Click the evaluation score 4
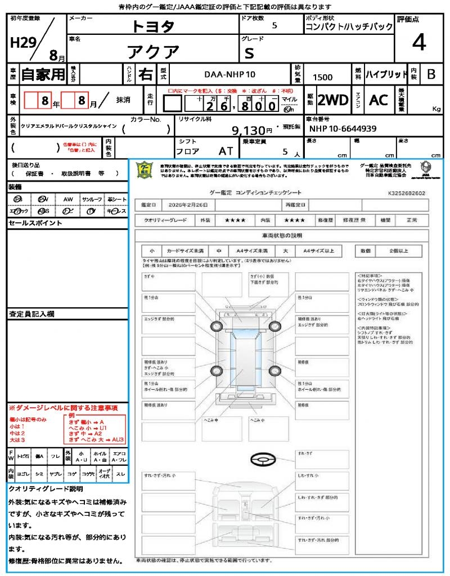coord(418,43)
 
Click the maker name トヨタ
coord(153,26)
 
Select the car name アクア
coord(153,52)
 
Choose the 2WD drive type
coord(333,100)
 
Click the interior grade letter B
coord(431,74)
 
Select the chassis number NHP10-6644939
coord(343,129)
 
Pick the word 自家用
coord(43,74)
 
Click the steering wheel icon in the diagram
coord(263,460)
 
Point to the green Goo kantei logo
coord(145,169)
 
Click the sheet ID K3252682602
coord(406,193)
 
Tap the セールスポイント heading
coord(28,223)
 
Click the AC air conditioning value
coord(379,100)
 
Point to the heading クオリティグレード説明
coord(46,489)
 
